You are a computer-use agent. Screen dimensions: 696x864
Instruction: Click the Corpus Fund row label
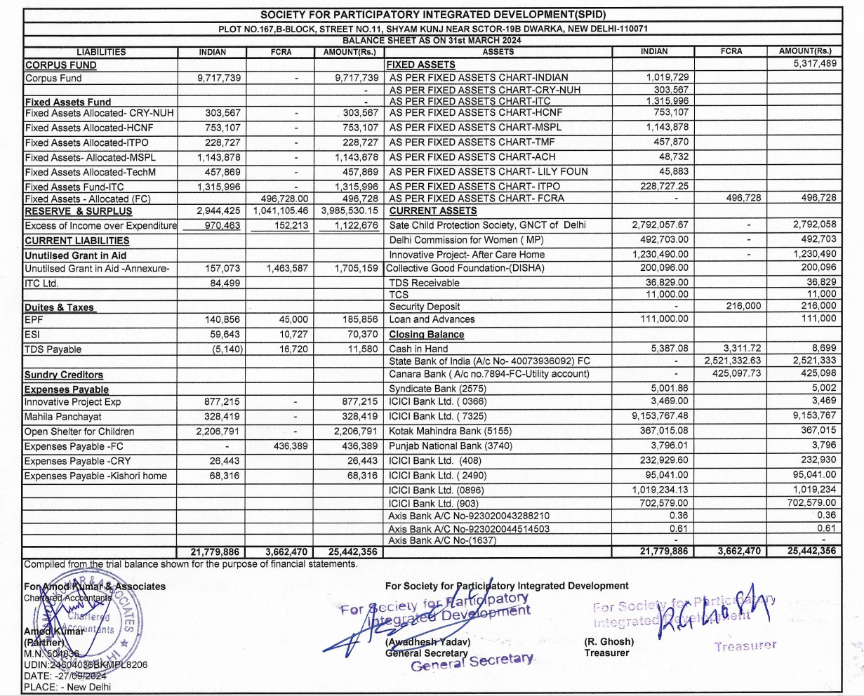pyautogui.click(x=53, y=79)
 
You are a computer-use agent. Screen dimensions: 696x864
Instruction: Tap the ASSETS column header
pyautogui.click(x=498, y=51)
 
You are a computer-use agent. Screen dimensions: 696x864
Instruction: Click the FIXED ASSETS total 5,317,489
pyautogui.click(x=808, y=64)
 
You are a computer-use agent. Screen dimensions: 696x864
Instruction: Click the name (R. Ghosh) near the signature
pyautogui.click(x=609, y=641)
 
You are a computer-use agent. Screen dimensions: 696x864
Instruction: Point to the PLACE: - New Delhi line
pyautogui.click(x=67, y=687)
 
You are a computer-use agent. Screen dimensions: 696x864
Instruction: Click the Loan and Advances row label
pyautogui.click(x=432, y=319)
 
